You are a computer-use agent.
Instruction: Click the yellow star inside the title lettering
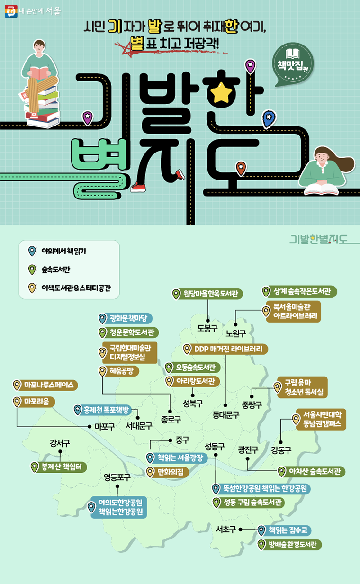point(221,92)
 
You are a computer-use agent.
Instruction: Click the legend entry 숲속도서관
point(55,270)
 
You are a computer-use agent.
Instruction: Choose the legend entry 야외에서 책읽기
point(63,251)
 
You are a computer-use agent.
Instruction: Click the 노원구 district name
point(236,333)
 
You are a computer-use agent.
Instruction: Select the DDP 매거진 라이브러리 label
point(226,350)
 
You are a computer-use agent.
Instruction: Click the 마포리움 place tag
point(34,402)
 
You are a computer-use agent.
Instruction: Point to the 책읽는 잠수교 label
point(284,530)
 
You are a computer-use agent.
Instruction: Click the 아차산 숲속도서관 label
point(311,472)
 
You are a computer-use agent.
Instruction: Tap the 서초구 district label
point(226,530)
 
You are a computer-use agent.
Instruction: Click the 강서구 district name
point(60,443)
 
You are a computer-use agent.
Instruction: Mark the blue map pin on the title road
point(269,118)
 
